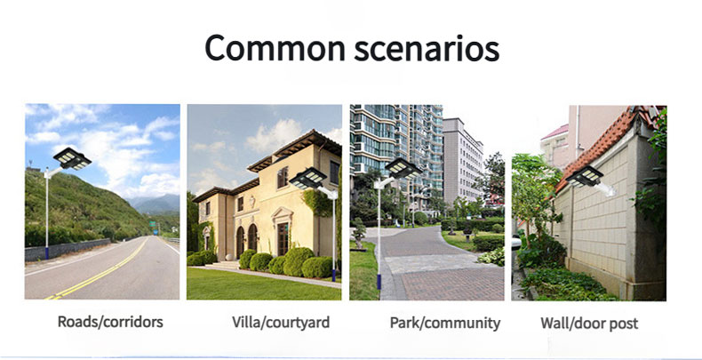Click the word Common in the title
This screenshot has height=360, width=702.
point(275,48)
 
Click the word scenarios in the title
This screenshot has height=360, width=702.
point(427,49)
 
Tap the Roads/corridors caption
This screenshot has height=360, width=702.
point(110,322)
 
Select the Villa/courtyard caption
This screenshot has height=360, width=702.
point(281,323)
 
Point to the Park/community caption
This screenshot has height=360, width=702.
point(445,323)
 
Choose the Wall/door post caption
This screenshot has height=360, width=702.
point(589,324)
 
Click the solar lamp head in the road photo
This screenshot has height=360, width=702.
point(72,158)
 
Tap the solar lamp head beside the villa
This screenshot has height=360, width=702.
point(308,178)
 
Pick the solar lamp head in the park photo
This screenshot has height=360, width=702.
point(403,168)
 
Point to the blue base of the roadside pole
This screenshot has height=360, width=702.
point(46,253)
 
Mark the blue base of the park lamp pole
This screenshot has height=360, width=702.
point(379,282)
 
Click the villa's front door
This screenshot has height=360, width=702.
point(283,239)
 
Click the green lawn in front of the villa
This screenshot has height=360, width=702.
point(259,284)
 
